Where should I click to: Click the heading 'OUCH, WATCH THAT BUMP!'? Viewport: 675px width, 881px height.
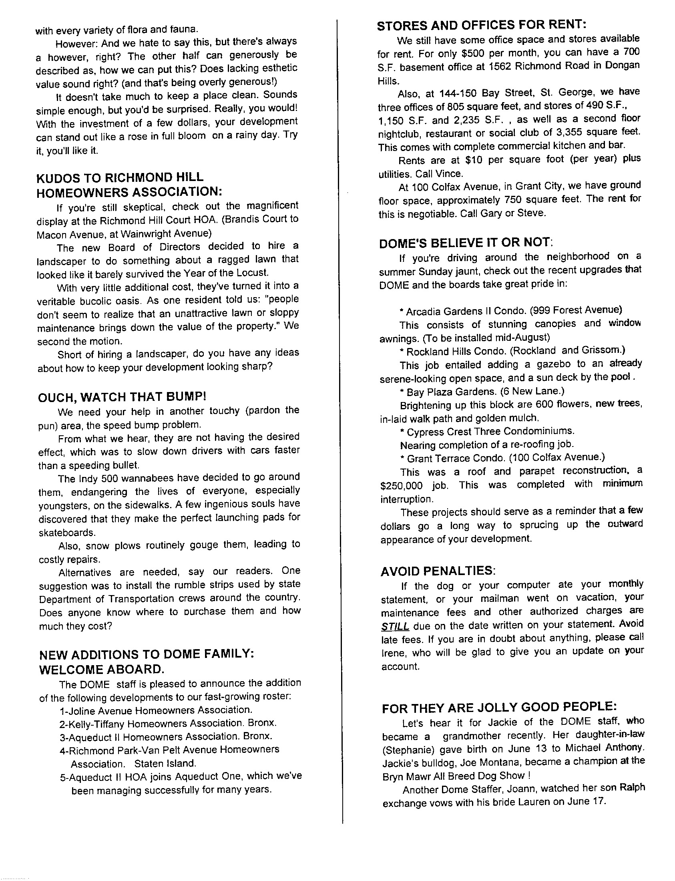pos(122,397)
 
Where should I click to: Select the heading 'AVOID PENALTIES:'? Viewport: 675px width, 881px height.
pos(438,571)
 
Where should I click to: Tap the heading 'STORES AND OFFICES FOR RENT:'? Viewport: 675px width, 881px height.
pos(482,25)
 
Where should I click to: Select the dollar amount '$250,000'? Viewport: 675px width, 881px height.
pos(401,485)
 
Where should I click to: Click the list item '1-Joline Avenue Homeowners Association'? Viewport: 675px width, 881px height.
pos(156,710)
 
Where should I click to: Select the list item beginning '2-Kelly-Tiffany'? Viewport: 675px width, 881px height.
pos(168,724)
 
